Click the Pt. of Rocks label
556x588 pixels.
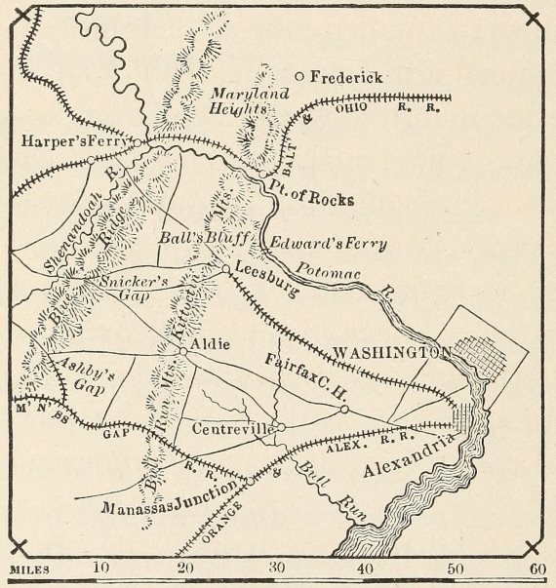click(311, 199)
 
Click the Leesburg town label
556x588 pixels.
click(266, 278)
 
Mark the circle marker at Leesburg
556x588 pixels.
click(224, 268)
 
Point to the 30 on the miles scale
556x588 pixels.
click(277, 568)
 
